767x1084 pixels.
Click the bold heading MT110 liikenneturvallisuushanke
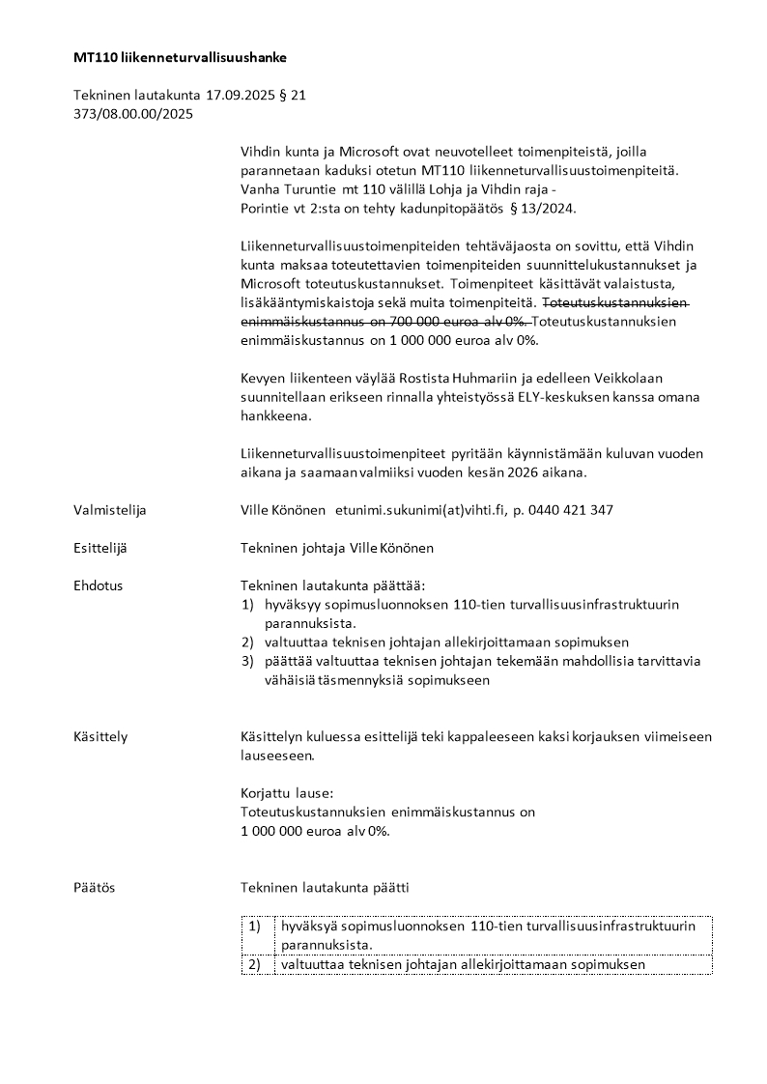click(180, 58)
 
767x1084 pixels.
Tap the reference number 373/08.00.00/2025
click(133, 113)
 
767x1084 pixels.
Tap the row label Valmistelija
click(110, 510)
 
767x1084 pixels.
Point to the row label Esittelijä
click(100, 548)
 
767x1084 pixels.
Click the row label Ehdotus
click(99, 585)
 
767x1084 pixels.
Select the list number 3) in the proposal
click(247, 661)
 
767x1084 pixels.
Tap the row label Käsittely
click(100, 737)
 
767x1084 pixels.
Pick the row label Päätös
click(94, 888)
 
